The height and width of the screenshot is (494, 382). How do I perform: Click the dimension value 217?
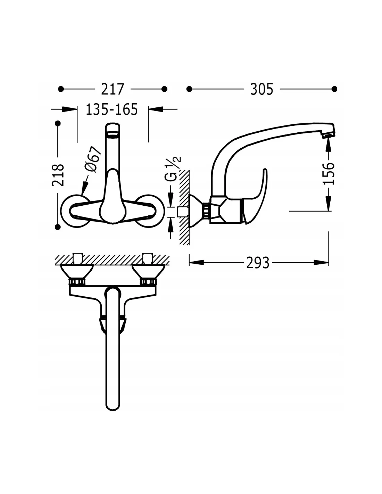[113, 89]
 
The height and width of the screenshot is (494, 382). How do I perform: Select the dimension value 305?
[261, 89]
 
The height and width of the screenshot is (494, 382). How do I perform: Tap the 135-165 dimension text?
[112, 109]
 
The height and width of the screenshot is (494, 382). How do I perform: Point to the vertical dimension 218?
[58, 175]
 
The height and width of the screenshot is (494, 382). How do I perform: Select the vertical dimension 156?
[329, 173]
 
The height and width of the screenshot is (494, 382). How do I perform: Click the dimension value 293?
[258, 263]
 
